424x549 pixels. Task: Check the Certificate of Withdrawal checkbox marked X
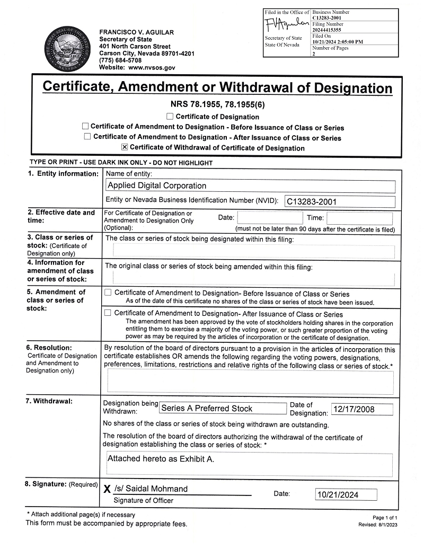click(125, 147)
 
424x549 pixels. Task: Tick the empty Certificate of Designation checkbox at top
click(170, 116)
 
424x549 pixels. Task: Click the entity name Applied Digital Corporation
click(157, 185)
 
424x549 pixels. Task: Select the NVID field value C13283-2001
click(312, 201)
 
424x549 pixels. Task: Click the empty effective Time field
click(359, 218)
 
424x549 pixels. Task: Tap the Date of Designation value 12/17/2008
click(354, 409)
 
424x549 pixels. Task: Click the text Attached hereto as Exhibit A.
click(161, 458)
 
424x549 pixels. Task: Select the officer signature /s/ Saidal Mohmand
click(151, 489)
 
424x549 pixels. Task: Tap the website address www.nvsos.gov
click(152, 68)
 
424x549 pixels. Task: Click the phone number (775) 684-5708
click(120, 60)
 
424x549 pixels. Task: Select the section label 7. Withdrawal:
click(49, 401)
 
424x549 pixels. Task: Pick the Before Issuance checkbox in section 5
click(108, 293)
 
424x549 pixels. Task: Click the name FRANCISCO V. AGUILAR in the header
click(136, 32)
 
